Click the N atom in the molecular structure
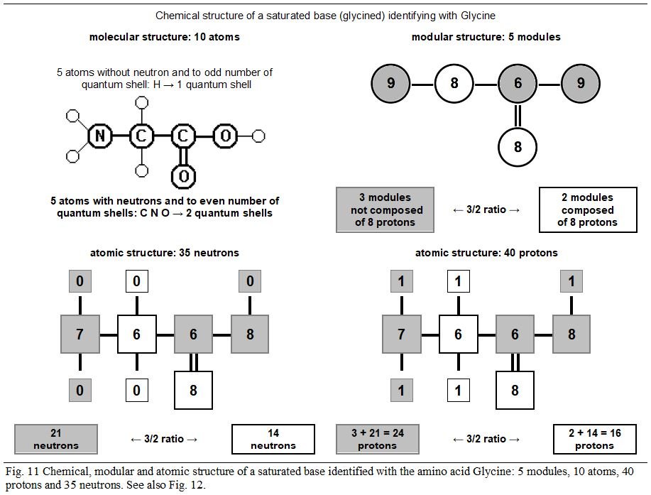coord(99,136)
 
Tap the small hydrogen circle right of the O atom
coord(258,136)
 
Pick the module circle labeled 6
coord(518,84)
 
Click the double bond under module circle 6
coord(518,115)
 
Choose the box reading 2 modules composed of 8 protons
coord(587,210)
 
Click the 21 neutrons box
coord(56,439)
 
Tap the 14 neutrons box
coord(273,439)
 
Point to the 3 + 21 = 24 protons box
coord(377,439)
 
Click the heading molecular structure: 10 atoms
coord(164,37)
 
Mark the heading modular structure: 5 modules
coord(486,37)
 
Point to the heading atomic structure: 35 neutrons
coord(164,253)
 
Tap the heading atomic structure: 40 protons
coord(486,253)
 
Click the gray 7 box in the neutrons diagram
coord(80,334)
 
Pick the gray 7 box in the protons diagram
coord(401,334)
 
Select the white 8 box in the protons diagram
coord(515,390)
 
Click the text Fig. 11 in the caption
coord(19,472)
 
